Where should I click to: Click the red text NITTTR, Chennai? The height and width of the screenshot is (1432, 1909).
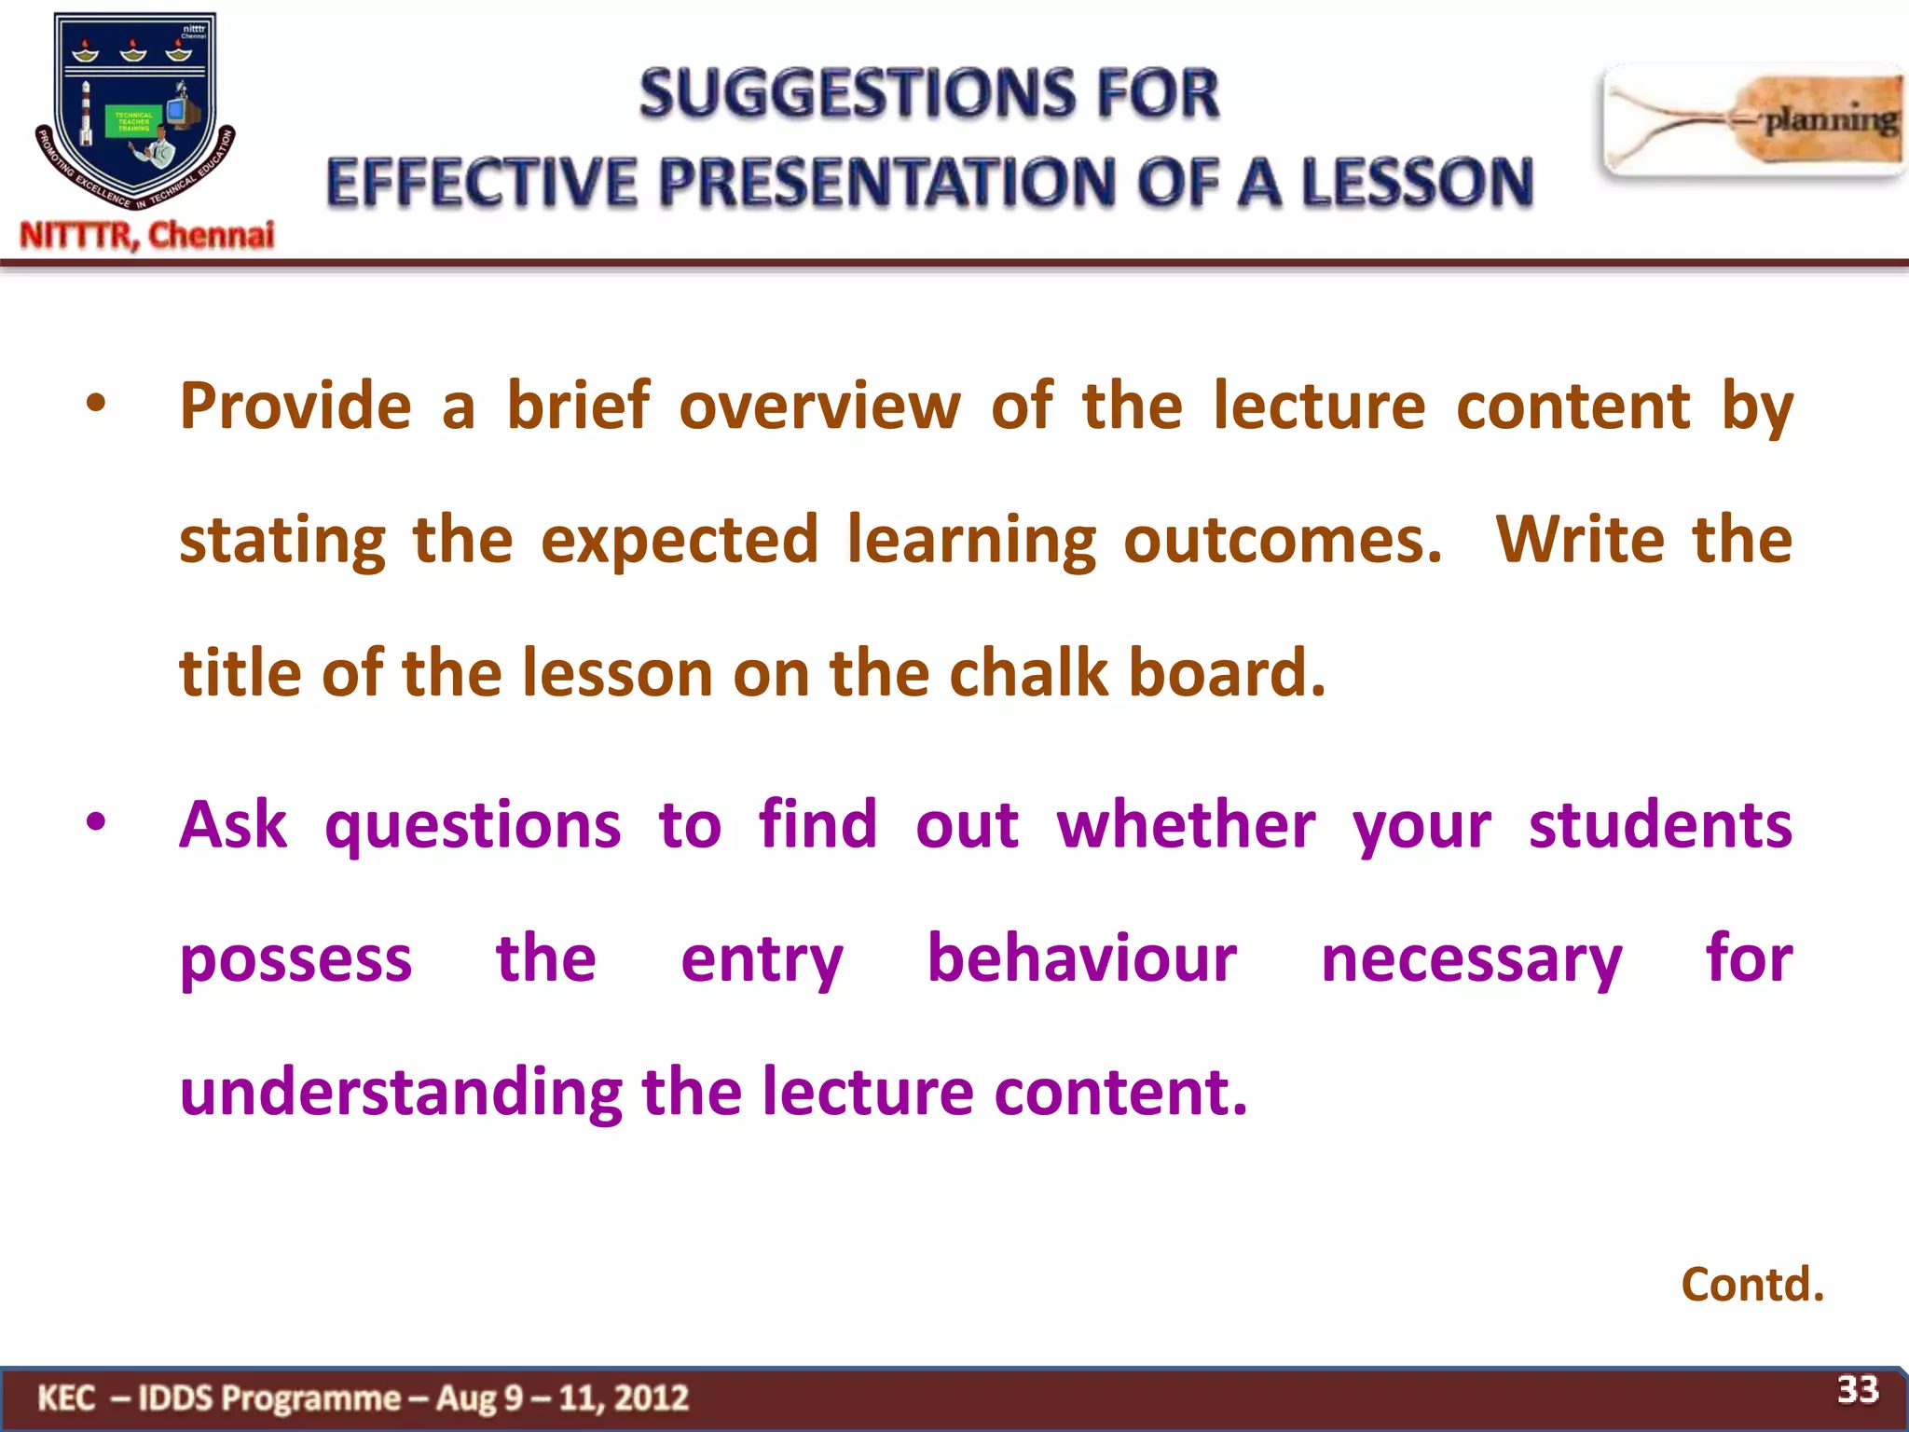point(147,235)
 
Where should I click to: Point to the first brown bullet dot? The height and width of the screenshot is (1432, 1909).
point(96,405)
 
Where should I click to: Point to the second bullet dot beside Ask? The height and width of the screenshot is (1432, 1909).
point(96,822)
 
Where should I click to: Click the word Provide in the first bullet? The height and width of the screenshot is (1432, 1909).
point(295,407)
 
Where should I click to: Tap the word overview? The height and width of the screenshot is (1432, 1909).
point(818,407)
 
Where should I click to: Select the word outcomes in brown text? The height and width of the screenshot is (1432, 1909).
point(1282,541)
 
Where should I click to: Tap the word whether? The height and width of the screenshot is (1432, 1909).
point(1185,826)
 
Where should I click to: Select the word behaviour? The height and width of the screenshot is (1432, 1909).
point(1081,959)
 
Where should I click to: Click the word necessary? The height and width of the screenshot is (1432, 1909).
point(1471,961)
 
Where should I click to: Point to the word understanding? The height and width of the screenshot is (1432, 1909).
point(401,1094)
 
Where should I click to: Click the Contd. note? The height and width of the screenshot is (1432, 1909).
point(1751,1285)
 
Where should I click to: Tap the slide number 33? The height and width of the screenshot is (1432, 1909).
point(1857,1389)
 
